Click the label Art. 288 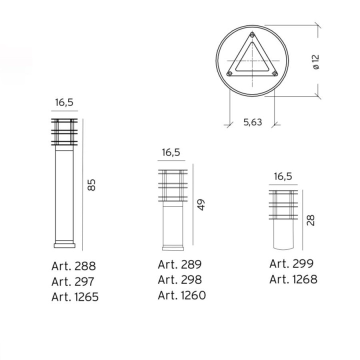(73, 266)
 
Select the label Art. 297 (73, 281)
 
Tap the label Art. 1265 (75, 296)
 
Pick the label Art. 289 (180, 264)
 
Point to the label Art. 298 (180, 279)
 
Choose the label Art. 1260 (182, 295)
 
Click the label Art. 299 (291, 263)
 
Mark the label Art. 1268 (293, 279)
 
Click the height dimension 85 (91, 185)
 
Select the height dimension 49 (201, 205)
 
